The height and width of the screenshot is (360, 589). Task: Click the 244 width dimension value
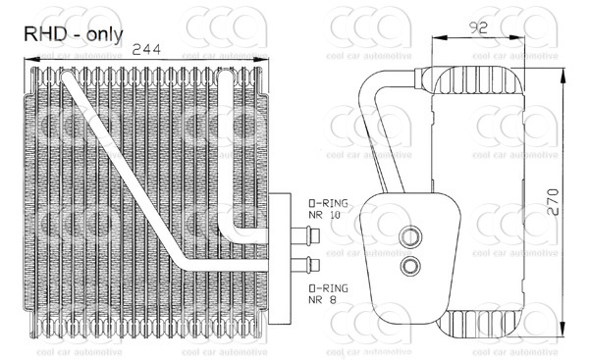[x=146, y=49]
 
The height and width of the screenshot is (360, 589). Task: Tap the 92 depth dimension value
[x=478, y=27]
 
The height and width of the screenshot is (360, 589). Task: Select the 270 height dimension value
[x=553, y=202]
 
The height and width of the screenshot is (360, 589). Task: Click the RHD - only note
[x=74, y=34]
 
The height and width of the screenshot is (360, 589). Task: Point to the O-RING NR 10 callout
[x=328, y=209]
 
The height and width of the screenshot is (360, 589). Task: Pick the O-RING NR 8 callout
[x=328, y=293]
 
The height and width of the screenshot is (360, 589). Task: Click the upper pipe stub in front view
[x=305, y=236]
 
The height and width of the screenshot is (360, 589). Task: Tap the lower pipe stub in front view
[x=305, y=266]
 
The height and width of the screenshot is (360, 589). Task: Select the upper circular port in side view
[x=410, y=236]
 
